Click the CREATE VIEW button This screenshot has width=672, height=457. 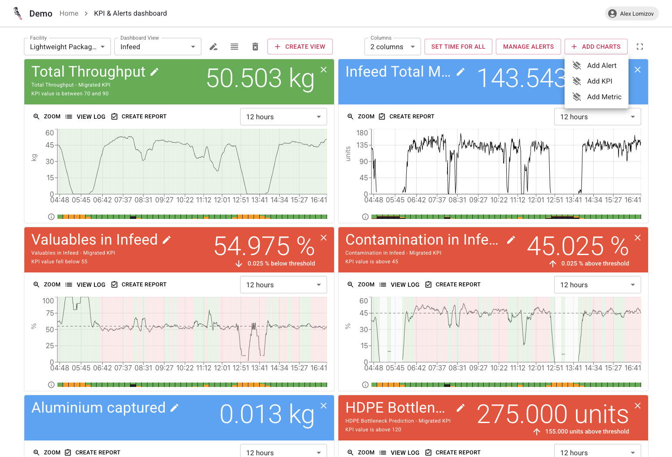tap(300, 47)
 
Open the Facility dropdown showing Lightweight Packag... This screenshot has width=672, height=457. tap(67, 47)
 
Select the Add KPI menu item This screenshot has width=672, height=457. tap(599, 81)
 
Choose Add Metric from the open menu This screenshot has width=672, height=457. tap(604, 97)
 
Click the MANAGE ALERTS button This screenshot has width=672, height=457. tap(528, 47)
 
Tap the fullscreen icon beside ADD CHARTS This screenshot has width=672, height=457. tap(639, 47)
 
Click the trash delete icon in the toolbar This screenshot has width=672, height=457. tap(255, 47)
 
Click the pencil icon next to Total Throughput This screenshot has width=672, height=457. tap(154, 72)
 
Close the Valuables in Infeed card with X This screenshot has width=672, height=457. tap(324, 238)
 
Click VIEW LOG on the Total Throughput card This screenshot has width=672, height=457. tap(86, 117)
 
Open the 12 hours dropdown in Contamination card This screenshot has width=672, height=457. tap(597, 285)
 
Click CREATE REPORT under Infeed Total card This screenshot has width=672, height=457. tap(407, 117)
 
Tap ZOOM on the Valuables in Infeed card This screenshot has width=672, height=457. tap(47, 285)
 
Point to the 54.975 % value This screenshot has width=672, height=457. tap(264, 246)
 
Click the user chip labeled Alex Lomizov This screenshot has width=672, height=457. tap(632, 13)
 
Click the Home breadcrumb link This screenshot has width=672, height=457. tap(69, 13)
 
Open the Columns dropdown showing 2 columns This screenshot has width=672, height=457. tap(392, 47)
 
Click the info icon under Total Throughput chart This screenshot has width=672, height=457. tap(51, 217)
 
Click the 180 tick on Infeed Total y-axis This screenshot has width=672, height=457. tap(362, 133)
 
